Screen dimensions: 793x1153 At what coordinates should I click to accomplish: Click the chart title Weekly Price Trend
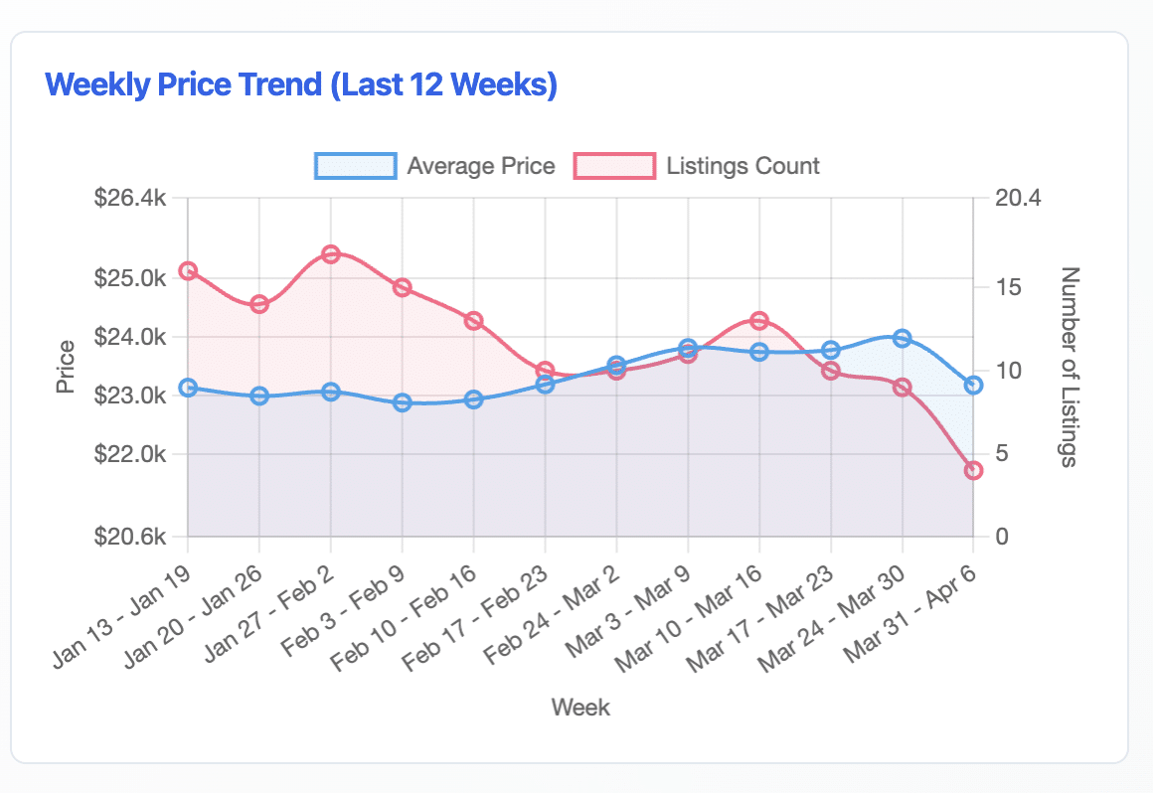click(x=301, y=84)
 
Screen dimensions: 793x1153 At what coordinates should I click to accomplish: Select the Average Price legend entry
click(x=435, y=165)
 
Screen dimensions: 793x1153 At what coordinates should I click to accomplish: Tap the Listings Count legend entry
click(x=698, y=165)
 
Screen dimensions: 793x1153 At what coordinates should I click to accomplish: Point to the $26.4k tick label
click(x=129, y=198)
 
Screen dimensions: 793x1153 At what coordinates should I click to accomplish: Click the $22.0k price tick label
click(x=129, y=455)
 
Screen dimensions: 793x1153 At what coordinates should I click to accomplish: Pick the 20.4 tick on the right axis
click(x=1018, y=198)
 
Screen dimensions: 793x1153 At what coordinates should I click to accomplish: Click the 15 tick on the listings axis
click(x=1006, y=286)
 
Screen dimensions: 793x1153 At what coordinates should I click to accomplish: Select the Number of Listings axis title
click(x=1070, y=367)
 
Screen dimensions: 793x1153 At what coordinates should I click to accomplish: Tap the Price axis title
click(x=66, y=367)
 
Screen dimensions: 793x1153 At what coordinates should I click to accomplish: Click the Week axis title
click(x=580, y=708)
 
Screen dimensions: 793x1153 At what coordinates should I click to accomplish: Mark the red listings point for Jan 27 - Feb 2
click(x=331, y=254)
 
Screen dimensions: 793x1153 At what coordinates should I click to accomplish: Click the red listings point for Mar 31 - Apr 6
click(x=973, y=470)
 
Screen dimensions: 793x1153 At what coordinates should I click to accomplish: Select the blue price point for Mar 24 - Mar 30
click(x=902, y=339)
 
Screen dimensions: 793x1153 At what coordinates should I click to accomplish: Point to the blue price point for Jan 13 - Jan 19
click(x=188, y=388)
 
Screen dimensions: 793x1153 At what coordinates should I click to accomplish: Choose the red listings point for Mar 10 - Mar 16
click(x=759, y=320)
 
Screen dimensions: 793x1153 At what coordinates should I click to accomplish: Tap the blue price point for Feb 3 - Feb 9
click(x=403, y=402)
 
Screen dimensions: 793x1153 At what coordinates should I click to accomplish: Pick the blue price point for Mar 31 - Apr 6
click(x=973, y=385)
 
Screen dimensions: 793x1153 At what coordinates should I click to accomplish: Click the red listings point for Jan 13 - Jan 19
click(x=188, y=271)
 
